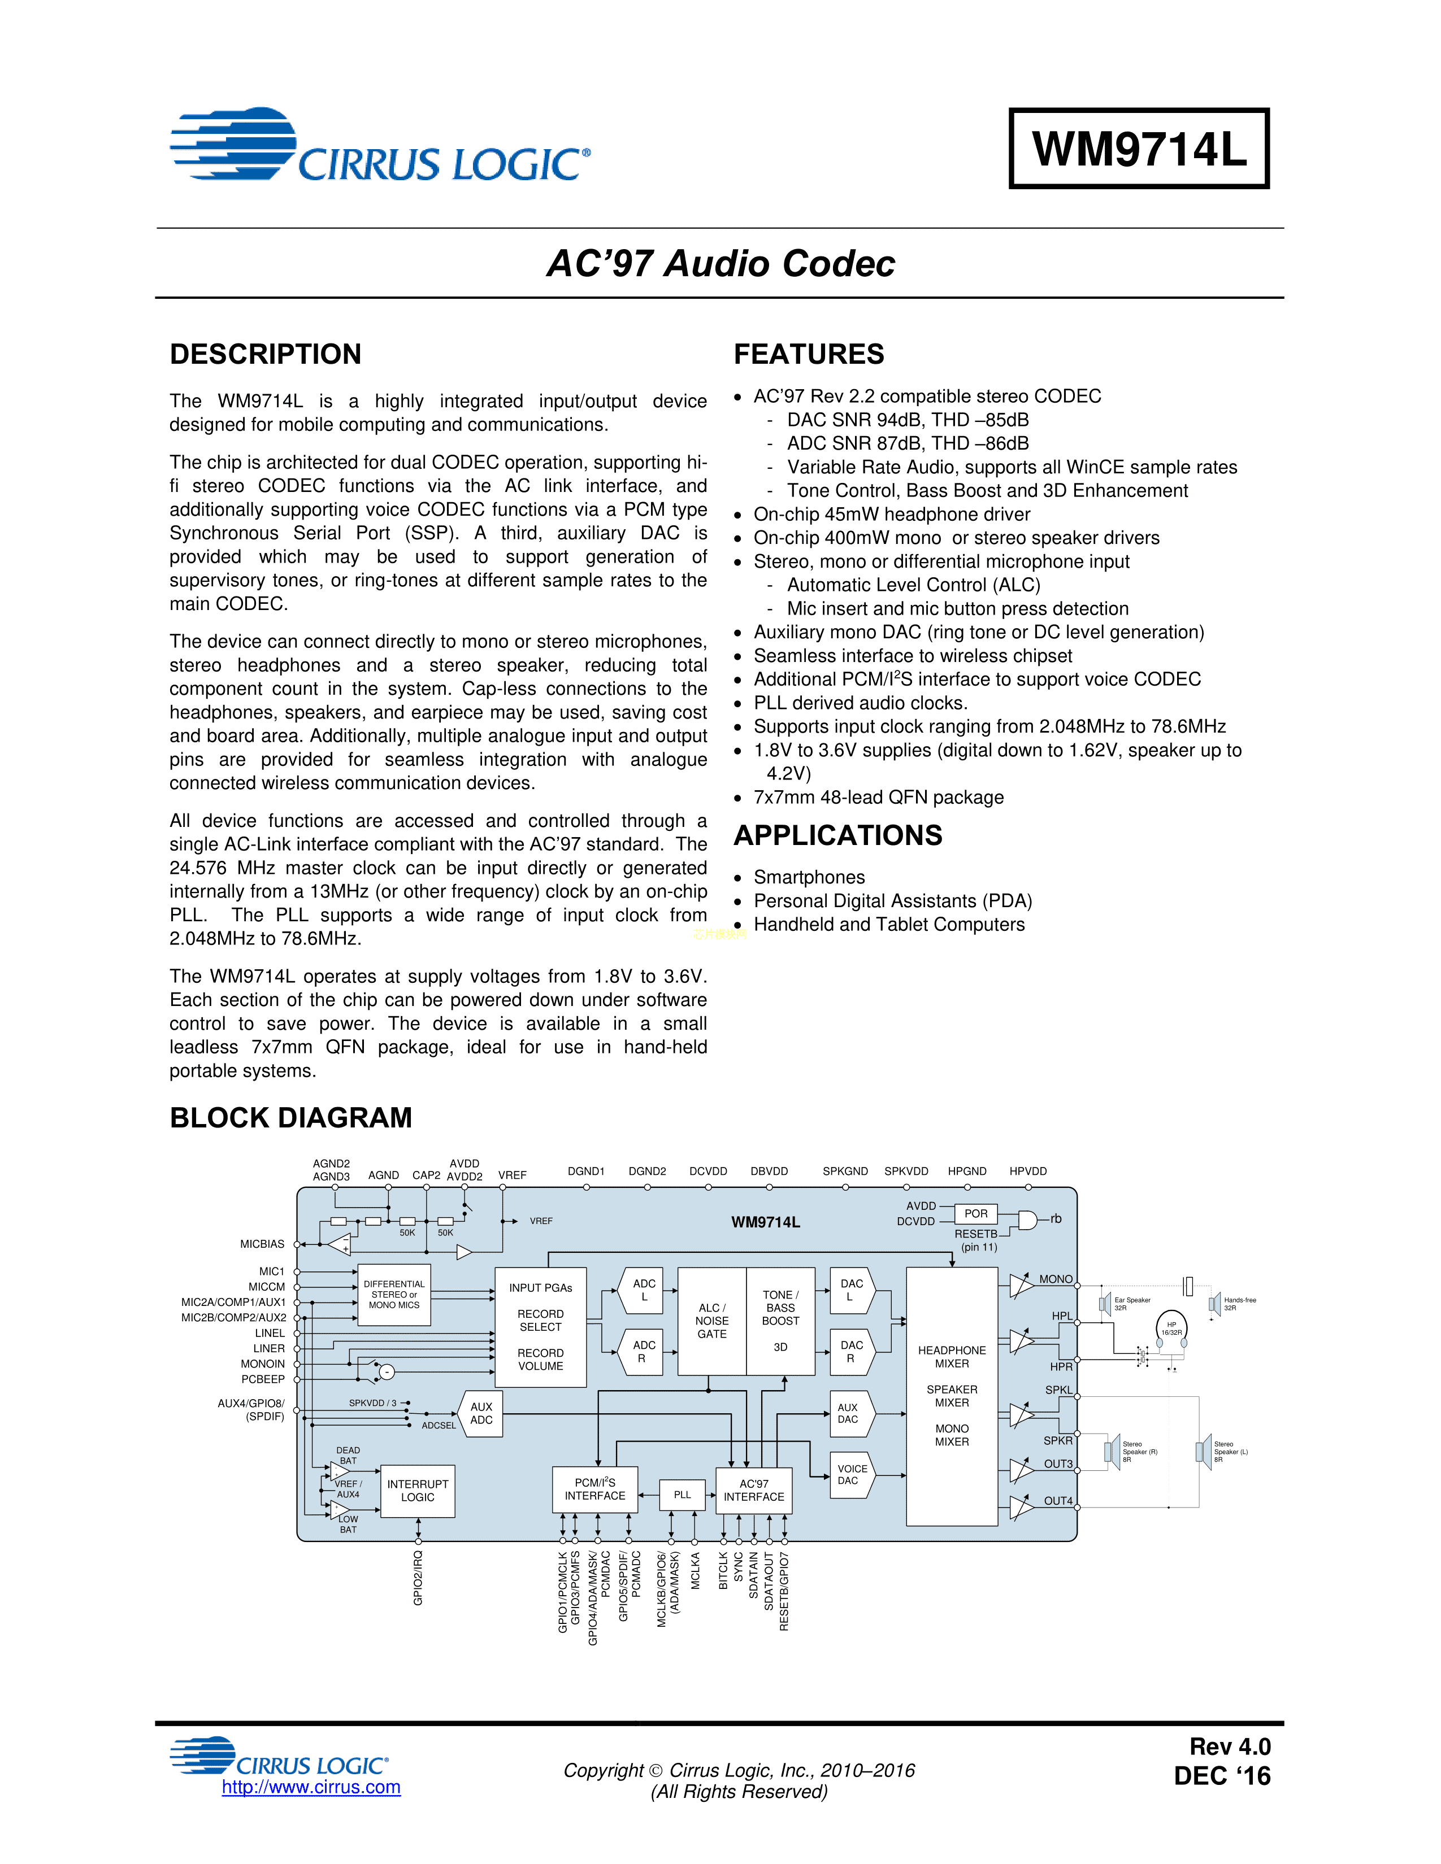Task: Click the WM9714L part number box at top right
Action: click(x=1139, y=149)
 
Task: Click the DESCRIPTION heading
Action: click(x=266, y=354)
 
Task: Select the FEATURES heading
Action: click(x=809, y=354)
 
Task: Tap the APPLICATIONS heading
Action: click(x=837, y=835)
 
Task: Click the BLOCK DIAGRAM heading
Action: click(x=290, y=1118)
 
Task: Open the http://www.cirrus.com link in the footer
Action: click(x=311, y=1787)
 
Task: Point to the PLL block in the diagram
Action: click(x=682, y=1495)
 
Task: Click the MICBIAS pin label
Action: click(x=262, y=1244)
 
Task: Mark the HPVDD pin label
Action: click(x=1028, y=1171)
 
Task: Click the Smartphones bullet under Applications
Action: click(x=809, y=877)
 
